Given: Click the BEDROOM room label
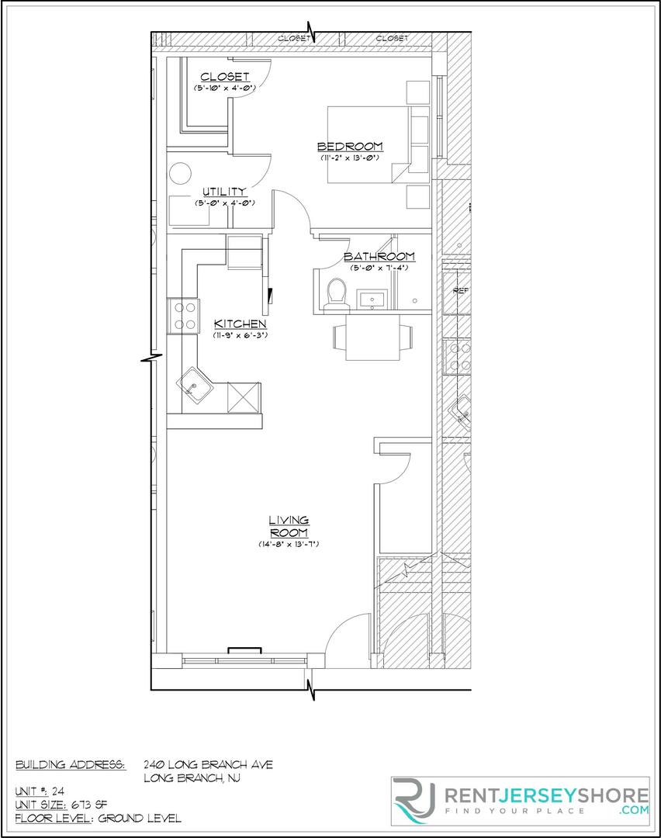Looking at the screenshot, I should (x=349, y=147).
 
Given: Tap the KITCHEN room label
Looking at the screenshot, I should (x=241, y=324).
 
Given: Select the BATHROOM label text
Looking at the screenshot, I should (x=379, y=256).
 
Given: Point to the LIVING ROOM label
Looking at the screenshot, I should (x=289, y=526).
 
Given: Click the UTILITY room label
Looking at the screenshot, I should (x=224, y=192).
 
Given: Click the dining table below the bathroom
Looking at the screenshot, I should (x=373, y=339).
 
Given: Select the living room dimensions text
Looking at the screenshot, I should (x=289, y=545).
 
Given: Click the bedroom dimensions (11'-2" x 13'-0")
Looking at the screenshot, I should (x=350, y=158).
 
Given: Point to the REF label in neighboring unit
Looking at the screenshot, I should (x=460, y=291).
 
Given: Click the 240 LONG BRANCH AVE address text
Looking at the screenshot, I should (x=208, y=764).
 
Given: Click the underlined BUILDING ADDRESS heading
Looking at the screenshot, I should (x=70, y=764).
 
